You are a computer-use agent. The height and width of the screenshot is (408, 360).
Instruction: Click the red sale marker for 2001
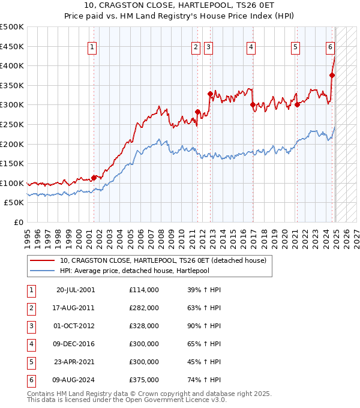(x=94, y=178)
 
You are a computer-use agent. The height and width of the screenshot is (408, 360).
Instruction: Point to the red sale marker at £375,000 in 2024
(x=332, y=75)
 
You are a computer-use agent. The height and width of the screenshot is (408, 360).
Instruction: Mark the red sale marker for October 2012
(x=210, y=94)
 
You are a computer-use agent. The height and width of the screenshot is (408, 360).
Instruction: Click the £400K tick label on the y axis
(x=12, y=65)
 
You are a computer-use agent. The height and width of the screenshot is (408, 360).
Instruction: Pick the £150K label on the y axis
(x=12, y=163)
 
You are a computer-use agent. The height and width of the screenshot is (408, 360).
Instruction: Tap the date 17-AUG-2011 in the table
(x=76, y=307)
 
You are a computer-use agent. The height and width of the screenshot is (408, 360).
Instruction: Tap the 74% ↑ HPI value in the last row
(x=204, y=379)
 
